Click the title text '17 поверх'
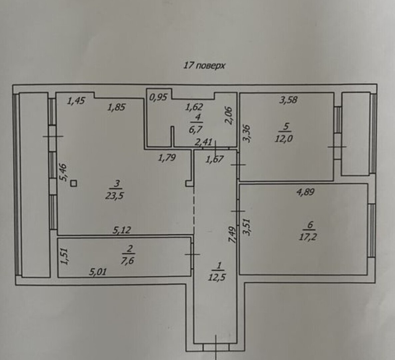click(204, 66)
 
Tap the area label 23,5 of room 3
click(115, 196)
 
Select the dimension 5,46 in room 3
click(63, 172)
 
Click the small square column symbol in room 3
click(74, 183)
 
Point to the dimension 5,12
click(122, 230)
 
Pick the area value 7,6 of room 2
click(127, 260)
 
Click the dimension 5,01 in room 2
click(98, 272)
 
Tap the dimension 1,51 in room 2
click(65, 256)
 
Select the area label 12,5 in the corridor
click(217, 277)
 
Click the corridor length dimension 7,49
click(232, 235)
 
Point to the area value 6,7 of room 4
click(195, 130)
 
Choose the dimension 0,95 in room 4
click(158, 97)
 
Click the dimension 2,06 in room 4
click(229, 115)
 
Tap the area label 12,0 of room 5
click(284, 139)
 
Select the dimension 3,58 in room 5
click(288, 100)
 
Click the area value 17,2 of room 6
click(308, 237)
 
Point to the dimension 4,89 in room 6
click(306, 192)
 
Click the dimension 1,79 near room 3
click(167, 158)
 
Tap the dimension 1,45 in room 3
click(76, 101)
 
